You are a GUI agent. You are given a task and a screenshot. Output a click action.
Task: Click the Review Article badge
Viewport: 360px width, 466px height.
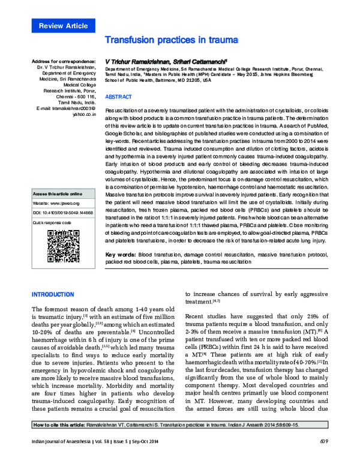point(63,26)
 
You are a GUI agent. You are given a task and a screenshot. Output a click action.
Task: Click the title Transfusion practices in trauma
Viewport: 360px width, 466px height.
point(172,40)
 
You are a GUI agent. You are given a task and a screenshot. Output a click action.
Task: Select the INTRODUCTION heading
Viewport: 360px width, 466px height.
point(53,294)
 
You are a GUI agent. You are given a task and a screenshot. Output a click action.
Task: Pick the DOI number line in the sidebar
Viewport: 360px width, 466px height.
point(63,213)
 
